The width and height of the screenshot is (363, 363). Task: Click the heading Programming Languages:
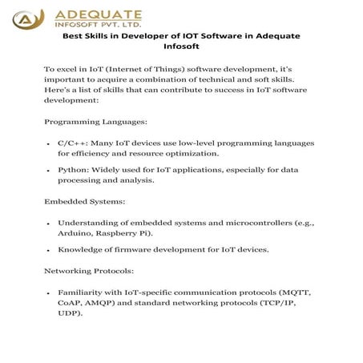95,121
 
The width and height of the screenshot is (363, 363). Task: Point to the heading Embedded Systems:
85,201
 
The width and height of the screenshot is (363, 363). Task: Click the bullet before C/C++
50,143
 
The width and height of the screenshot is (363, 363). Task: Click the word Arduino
75,232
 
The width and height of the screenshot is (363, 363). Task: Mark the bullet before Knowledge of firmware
50,250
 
